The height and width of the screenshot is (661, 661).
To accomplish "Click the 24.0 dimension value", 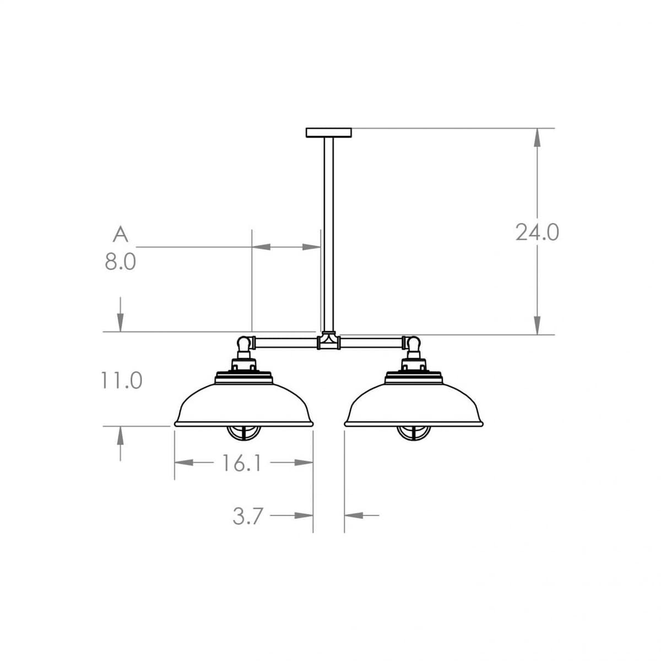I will point(537,232).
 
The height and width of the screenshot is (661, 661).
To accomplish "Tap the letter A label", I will point(120,234).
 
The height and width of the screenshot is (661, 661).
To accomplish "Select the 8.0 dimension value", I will point(120,262).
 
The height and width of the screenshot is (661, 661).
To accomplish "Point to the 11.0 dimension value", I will point(121,380).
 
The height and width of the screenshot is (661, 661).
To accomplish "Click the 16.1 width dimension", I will point(242,463).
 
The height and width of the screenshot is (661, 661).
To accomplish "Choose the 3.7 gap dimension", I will point(248,517).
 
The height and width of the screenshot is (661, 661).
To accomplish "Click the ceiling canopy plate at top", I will point(328,132).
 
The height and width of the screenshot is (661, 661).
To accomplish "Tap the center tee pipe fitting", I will point(328,342).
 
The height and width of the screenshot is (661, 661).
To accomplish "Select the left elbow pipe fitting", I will point(244,345).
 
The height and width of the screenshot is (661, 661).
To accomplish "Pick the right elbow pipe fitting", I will point(413,345).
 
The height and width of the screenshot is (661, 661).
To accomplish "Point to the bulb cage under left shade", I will point(244,432).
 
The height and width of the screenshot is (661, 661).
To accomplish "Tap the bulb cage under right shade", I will point(414,432).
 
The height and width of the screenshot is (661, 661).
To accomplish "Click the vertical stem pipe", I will point(328,231).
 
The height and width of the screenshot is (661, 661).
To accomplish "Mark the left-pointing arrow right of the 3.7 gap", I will point(354,516).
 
